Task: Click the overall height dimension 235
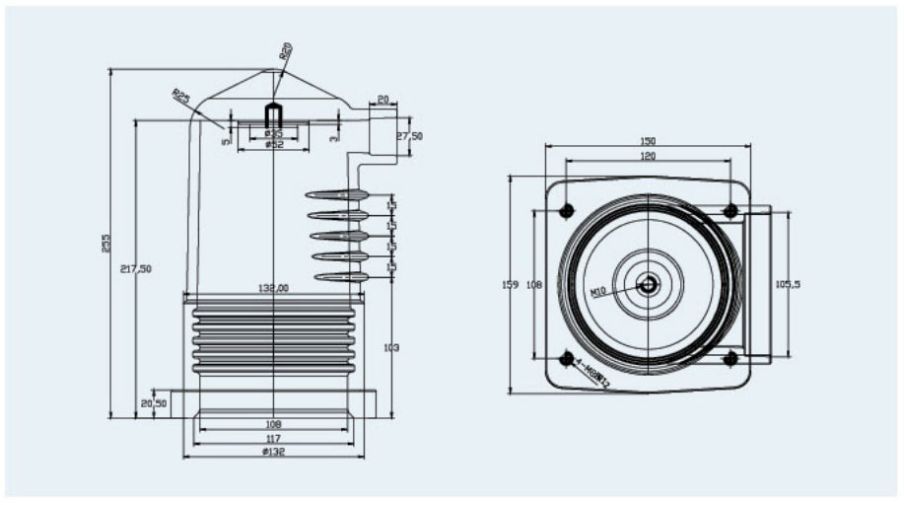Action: click(106, 243)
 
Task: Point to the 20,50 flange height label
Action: click(153, 404)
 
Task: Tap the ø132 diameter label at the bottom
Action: click(273, 452)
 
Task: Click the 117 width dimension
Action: click(273, 439)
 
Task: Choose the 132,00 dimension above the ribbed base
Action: click(273, 288)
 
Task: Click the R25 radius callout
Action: click(181, 98)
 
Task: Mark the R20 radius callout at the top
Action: click(285, 54)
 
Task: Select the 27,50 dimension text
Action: click(409, 136)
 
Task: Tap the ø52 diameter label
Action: click(273, 145)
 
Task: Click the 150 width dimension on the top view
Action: click(648, 142)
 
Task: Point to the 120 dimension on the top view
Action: click(648, 156)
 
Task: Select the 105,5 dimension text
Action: click(787, 284)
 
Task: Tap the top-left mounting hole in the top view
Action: click(567, 211)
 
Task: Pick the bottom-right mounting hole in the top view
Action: click(730, 358)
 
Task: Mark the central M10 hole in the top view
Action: click(648, 285)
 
